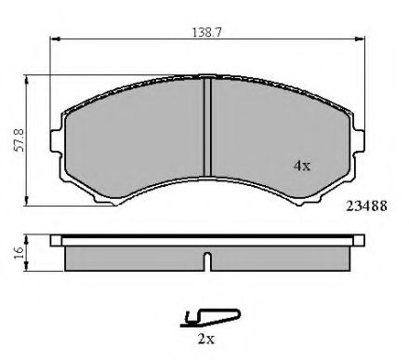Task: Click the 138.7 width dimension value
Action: click(206, 33)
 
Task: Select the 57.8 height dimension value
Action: click(20, 140)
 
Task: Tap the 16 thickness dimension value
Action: click(20, 253)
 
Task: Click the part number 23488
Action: click(366, 206)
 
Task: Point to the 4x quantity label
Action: click(302, 166)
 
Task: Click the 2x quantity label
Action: click(206, 339)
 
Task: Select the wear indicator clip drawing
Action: click(210, 318)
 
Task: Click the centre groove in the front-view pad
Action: click(207, 127)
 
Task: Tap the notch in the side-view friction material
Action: click(208, 261)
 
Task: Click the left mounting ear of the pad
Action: click(56, 140)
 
